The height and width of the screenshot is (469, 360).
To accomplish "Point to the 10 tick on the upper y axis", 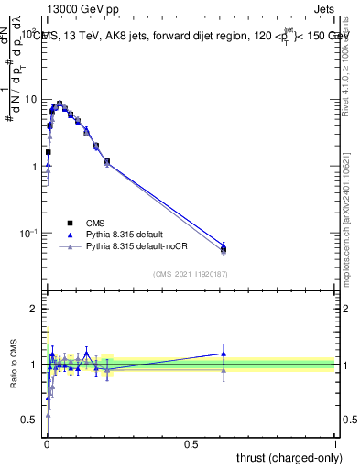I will pos(31,99).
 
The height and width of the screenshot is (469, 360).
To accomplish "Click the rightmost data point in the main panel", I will pos(224,247).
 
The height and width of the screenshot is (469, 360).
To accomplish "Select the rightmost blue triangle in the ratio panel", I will pos(224,354).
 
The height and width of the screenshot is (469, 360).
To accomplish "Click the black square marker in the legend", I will pos(70,223).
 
